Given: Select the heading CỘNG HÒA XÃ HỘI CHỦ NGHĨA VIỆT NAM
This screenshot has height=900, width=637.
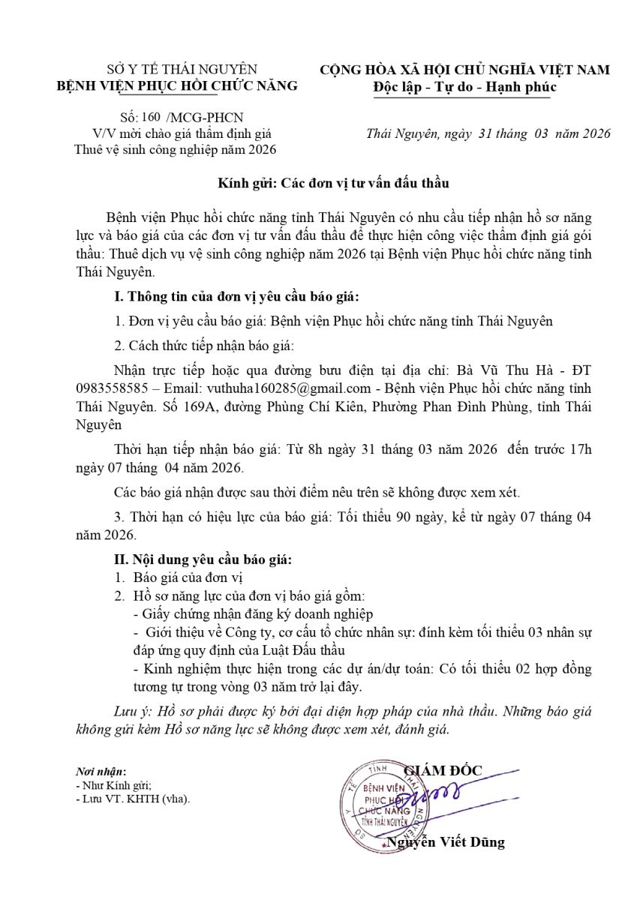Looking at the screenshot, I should pos(465,70).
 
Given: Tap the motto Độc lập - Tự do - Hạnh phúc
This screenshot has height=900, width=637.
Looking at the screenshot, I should pos(465,87).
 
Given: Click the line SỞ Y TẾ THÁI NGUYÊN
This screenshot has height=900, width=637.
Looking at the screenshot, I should pos(177,70).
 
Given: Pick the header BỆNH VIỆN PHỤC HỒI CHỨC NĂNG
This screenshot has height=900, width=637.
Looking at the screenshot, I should pos(178,85).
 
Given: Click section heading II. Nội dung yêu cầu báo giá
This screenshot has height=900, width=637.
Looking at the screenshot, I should pos(203,559).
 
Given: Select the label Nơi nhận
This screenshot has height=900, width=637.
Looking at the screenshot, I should pos(101,772).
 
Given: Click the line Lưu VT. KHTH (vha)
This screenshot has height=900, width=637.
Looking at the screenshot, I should pos(134,799).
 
